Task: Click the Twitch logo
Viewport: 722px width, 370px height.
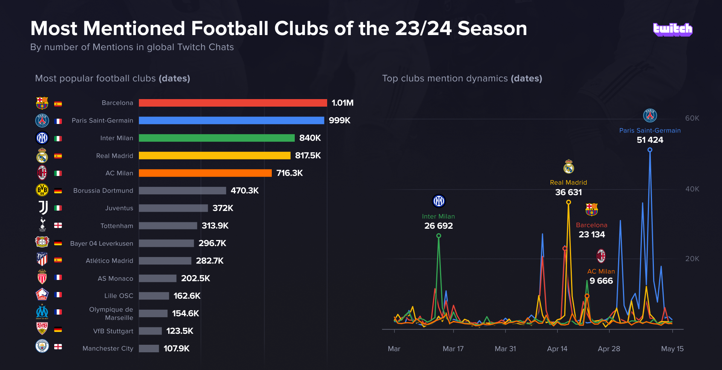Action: point(672,29)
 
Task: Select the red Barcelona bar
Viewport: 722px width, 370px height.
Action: point(233,103)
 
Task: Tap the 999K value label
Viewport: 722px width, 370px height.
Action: point(339,120)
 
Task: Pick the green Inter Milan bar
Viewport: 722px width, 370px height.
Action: point(216,138)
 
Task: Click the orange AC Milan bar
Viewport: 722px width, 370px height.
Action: point(205,173)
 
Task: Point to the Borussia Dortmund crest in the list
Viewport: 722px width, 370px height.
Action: point(42,190)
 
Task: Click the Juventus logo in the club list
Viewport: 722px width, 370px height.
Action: point(43,208)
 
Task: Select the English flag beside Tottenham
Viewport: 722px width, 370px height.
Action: point(58,225)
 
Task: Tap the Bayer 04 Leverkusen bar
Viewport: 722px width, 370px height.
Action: point(166,243)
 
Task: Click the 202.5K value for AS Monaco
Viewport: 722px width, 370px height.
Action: point(195,278)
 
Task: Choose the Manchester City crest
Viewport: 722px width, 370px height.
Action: point(42,346)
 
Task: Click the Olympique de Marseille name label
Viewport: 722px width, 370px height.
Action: point(111,313)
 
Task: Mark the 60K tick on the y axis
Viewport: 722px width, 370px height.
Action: point(692,118)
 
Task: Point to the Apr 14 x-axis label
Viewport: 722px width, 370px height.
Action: point(557,349)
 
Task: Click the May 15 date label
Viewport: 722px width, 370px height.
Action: point(672,349)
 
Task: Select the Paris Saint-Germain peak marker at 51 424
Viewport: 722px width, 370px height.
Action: point(650,150)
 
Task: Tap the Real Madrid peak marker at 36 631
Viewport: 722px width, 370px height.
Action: point(568,202)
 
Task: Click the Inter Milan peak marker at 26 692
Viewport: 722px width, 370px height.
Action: point(439,236)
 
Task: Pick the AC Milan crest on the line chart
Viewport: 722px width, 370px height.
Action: point(601,256)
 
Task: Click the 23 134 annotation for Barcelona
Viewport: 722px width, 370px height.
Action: point(592,234)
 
